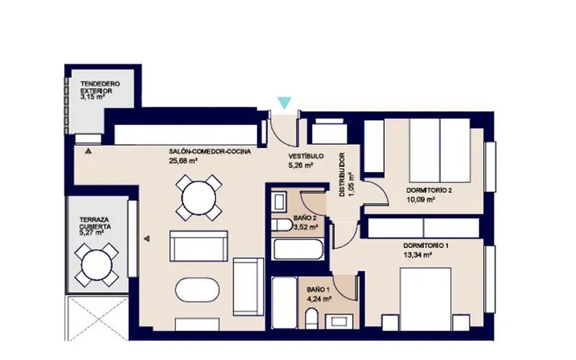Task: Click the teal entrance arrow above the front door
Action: tap(284, 102)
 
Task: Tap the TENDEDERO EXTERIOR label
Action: tap(100, 87)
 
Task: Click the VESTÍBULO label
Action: tap(306, 156)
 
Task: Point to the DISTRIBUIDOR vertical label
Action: tap(342, 174)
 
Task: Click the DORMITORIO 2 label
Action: tap(429, 190)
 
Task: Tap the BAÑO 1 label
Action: tap(318, 290)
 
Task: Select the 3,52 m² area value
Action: tap(306, 227)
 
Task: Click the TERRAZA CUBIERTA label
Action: tap(95, 223)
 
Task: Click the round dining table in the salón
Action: tap(198, 198)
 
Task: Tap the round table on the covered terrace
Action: tap(97, 265)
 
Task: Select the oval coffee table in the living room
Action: tap(197, 290)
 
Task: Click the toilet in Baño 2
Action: tap(281, 224)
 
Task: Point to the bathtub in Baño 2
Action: tap(298, 250)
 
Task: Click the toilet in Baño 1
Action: tap(311, 318)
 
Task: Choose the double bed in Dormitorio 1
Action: tap(426, 299)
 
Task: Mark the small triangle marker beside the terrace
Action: tap(147, 238)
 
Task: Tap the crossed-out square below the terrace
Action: tap(97, 318)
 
